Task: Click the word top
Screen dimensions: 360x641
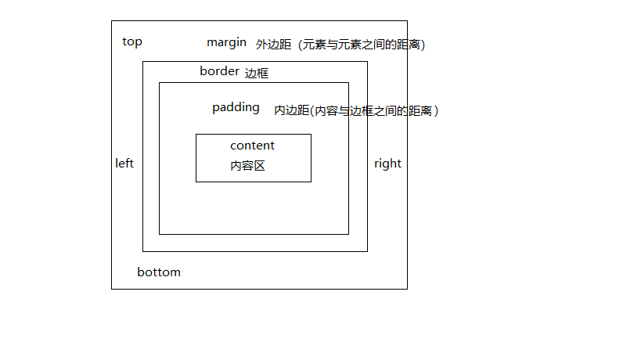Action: point(132,41)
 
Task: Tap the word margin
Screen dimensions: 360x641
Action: point(226,41)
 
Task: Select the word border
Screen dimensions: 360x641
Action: point(219,71)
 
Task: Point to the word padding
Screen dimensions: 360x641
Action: point(236,108)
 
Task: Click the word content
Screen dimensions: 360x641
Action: point(252,146)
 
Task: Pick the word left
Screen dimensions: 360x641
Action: point(124,164)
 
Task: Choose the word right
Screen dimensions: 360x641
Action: point(387,164)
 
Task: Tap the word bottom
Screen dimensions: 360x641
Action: point(159,272)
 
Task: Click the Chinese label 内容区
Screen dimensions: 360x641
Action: point(247,166)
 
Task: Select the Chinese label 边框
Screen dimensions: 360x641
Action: point(257,74)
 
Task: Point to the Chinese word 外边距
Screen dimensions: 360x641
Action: point(273,45)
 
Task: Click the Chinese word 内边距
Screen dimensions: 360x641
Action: point(291,111)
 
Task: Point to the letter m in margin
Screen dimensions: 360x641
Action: point(212,42)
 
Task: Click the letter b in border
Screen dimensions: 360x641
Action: point(203,71)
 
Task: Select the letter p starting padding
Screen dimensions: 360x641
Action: point(216,109)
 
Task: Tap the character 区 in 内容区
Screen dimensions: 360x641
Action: point(259,166)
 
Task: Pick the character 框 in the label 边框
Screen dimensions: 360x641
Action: point(263,74)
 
